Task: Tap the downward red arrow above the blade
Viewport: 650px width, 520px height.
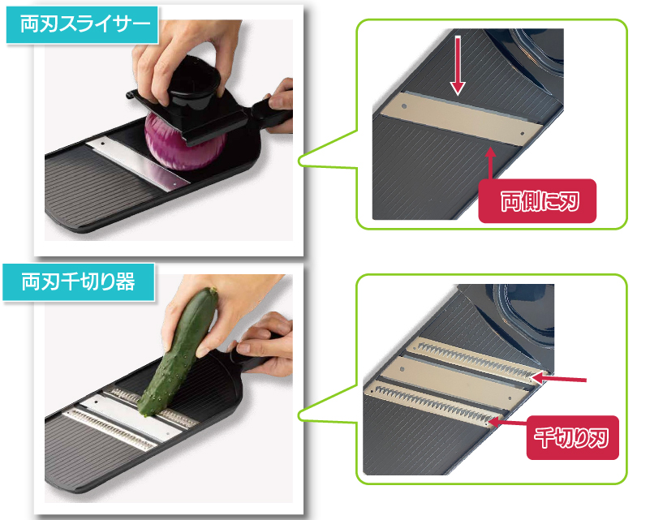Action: (457, 64)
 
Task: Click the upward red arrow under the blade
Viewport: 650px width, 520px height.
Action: (489, 166)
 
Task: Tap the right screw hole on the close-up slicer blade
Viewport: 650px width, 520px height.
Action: (521, 130)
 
